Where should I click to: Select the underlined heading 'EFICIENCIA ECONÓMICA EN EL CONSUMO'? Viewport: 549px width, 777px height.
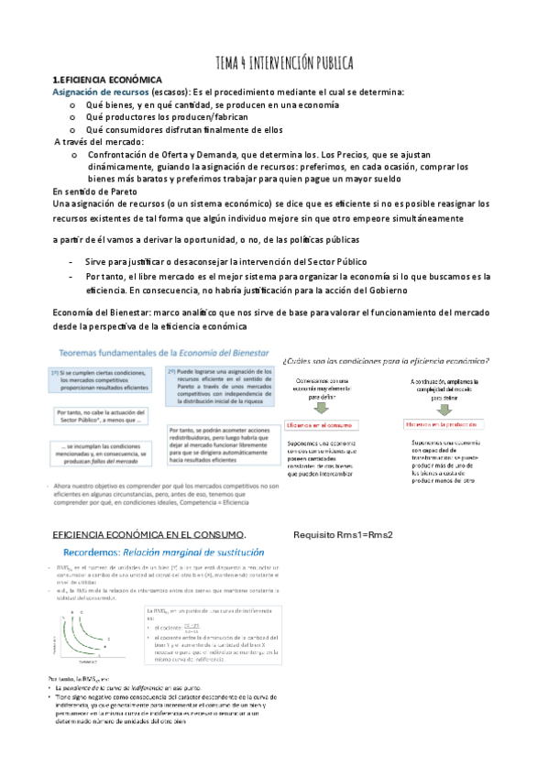pos(148,534)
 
